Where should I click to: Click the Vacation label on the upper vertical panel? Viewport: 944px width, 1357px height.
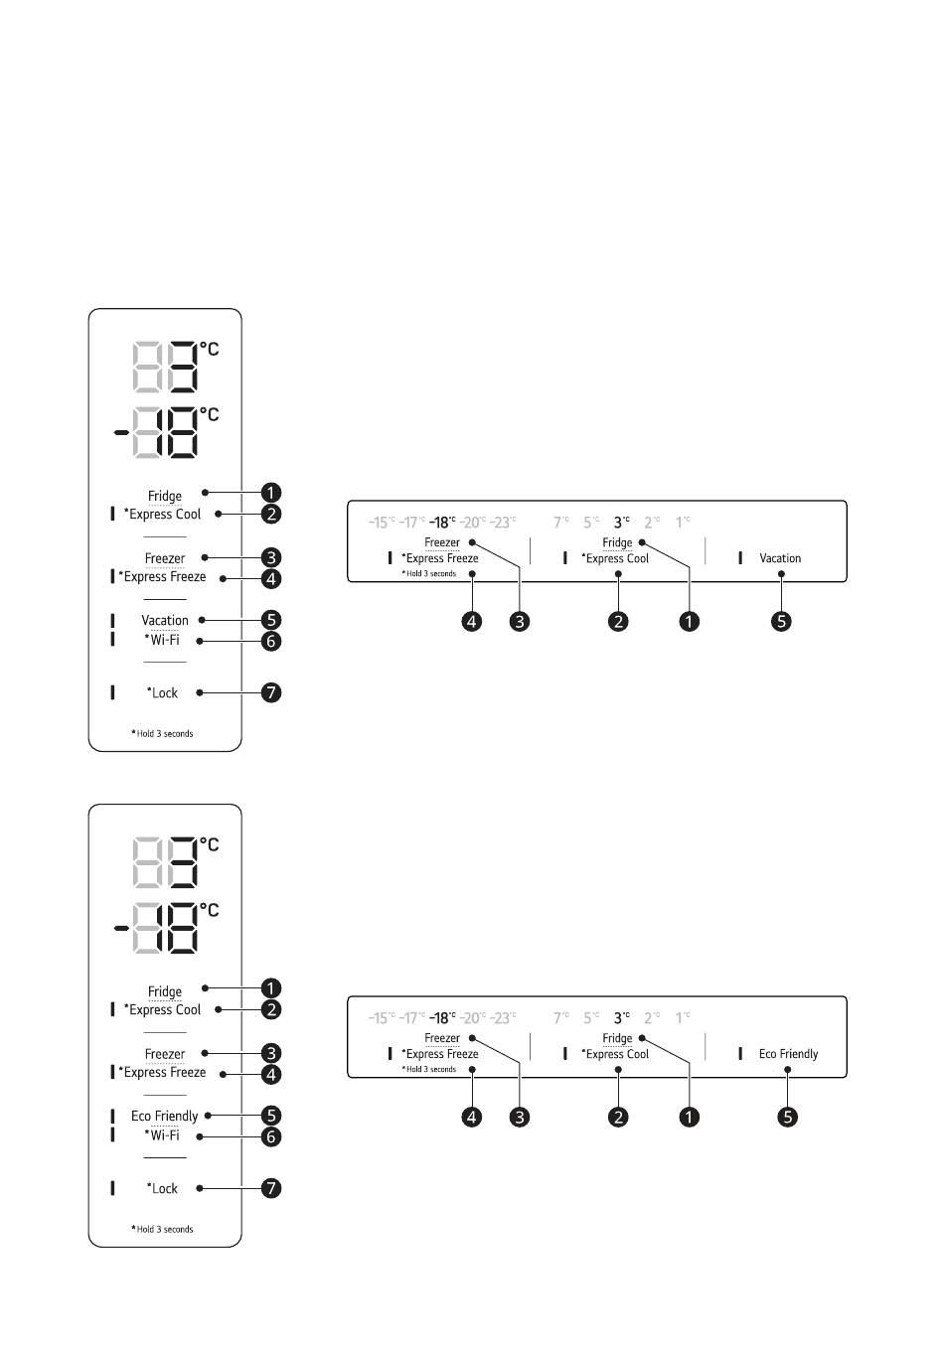click(164, 620)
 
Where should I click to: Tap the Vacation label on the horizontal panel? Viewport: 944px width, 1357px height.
click(780, 558)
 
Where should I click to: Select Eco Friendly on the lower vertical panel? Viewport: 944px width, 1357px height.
click(164, 1116)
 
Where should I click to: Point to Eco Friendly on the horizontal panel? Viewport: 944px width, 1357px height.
click(788, 1054)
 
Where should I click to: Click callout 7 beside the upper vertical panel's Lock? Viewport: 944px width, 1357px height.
click(271, 692)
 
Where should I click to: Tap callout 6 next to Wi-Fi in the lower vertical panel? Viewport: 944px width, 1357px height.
click(271, 1136)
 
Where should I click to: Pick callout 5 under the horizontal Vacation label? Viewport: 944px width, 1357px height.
click(782, 621)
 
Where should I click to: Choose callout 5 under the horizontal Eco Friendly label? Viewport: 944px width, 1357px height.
click(788, 1117)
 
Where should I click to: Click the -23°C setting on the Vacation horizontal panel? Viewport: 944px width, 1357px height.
click(503, 523)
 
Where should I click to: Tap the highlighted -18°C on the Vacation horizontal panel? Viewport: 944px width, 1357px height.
click(442, 523)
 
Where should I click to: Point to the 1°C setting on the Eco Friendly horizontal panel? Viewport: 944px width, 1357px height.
click(683, 1018)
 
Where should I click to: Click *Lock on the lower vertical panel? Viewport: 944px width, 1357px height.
click(162, 1188)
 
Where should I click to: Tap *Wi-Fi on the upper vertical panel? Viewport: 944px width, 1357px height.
click(162, 640)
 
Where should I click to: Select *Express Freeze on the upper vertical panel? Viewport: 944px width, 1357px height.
click(162, 576)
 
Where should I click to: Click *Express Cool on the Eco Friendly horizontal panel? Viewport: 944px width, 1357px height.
click(615, 1054)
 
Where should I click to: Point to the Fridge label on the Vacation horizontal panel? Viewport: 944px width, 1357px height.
click(617, 542)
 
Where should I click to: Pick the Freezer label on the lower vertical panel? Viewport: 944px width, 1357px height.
click(164, 1054)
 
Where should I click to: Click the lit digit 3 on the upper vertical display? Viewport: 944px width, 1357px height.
click(180, 369)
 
